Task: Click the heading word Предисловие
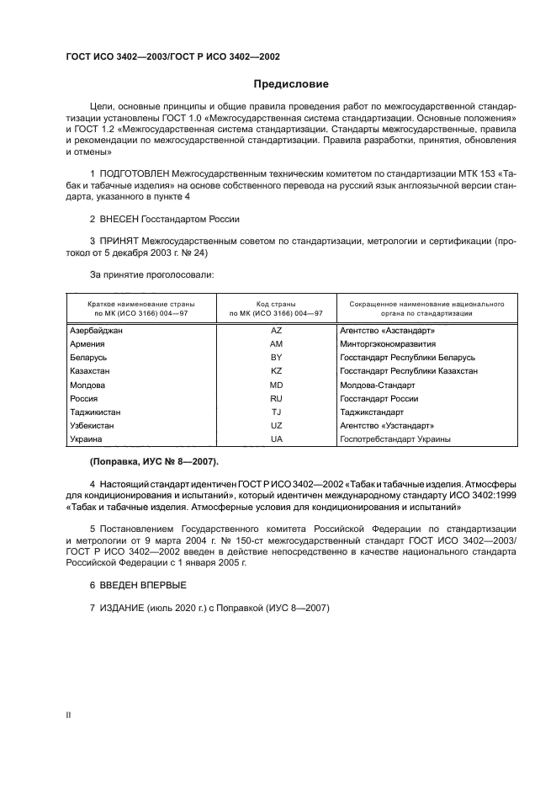pyautogui.click(x=291, y=84)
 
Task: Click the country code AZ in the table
pyautogui.click(x=276, y=331)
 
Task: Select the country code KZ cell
pyautogui.click(x=276, y=371)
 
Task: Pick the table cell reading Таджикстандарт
pyautogui.click(x=371, y=412)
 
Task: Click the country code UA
pyautogui.click(x=276, y=439)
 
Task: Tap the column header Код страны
pyautogui.click(x=276, y=302)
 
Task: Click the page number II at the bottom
pyautogui.click(x=68, y=714)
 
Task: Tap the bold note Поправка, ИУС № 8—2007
pyautogui.click(x=153, y=461)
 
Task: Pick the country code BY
pyautogui.click(x=276, y=358)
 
